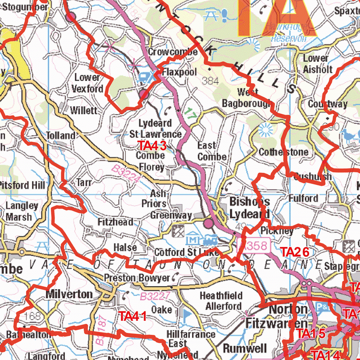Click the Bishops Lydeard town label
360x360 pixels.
[249, 207]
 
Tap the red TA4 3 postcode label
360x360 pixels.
[153, 145]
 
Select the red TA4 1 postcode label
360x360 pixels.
[133, 316]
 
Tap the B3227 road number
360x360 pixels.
[155, 297]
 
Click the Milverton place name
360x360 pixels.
[69, 294]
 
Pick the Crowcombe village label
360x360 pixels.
[173, 52]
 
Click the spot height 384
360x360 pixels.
[210, 81]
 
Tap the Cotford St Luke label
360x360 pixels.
[186, 252]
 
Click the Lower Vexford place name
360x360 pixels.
[89, 83]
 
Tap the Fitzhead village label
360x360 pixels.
[116, 222]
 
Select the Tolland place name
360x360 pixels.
[61, 135]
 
